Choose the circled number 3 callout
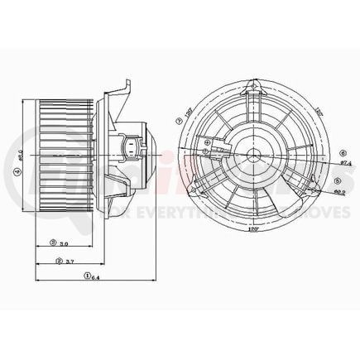pyautogui.click(x=52, y=243)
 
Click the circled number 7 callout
pyautogui.click(x=179, y=120)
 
